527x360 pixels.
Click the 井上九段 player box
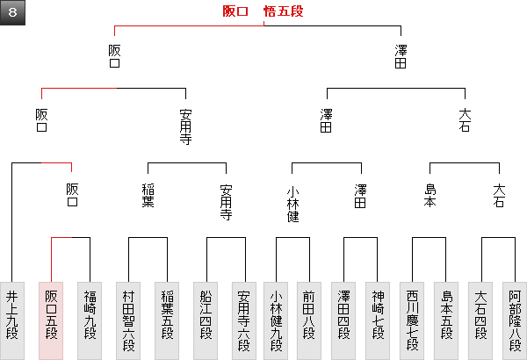click(11, 320)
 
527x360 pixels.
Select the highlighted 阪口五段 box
click(51, 320)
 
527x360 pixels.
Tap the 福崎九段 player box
click(90, 320)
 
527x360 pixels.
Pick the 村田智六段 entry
click(128, 320)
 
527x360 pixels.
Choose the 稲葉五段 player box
click(167, 320)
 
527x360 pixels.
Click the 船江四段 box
click(206, 320)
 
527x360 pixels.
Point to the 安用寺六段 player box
click(244, 320)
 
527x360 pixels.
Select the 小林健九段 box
click(276, 320)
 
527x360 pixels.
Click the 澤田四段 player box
click(344, 320)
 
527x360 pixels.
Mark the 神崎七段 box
click(378, 320)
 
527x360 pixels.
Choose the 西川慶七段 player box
click(413, 320)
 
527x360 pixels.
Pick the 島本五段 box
click(446, 320)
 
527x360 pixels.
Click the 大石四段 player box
click(481, 320)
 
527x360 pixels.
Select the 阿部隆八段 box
click(515, 320)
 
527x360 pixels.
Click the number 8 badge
click(12, 12)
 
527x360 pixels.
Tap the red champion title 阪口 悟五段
click(263, 12)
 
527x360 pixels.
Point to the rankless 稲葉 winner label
click(148, 195)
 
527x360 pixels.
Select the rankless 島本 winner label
click(430, 195)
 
